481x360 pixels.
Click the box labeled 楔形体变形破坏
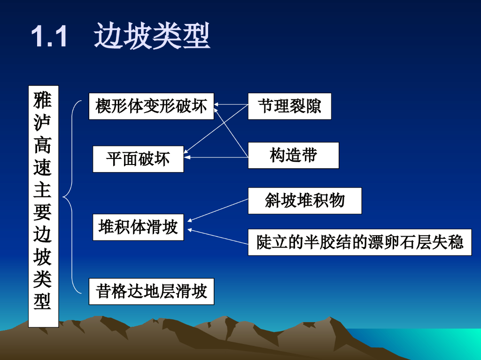pos(151,106)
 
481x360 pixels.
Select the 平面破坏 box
pos(138,159)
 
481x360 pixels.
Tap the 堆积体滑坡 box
pos(138,227)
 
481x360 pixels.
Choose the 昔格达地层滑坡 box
pos(151,292)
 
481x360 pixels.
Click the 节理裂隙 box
pos(289,106)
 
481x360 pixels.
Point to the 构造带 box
pos(293,155)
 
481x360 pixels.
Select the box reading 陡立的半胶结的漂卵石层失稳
pos(359,242)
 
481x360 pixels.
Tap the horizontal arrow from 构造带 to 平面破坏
pos(216,157)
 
